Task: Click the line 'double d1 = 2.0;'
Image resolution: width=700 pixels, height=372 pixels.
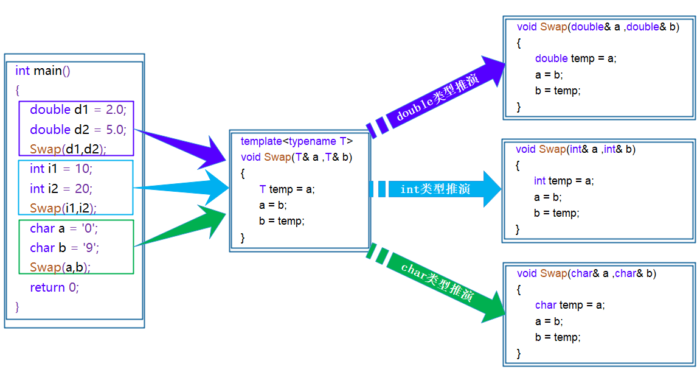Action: pyautogui.click(x=78, y=110)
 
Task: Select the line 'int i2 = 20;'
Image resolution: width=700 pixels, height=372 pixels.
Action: pyautogui.click(x=61, y=189)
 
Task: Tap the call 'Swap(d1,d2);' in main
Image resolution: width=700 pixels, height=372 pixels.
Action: pyautogui.click(x=68, y=149)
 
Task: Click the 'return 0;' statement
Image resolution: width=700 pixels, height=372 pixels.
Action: pyautogui.click(x=55, y=287)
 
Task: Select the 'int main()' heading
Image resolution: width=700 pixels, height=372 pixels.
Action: pyautogui.click(x=43, y=71)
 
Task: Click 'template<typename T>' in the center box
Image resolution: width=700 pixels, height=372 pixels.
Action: pyautogui.click(x=296, y=141)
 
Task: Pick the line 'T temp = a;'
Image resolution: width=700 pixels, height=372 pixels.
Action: pyautogui.click(x=287, y=189)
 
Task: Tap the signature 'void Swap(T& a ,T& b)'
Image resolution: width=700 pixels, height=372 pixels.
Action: pyautogui.click(x=297, y=157)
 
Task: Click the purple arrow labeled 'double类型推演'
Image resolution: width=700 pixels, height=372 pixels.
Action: pyautogui.click(x=438, y=97)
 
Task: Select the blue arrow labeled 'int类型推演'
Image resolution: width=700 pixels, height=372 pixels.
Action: pyautogui.click(x=435, y=189)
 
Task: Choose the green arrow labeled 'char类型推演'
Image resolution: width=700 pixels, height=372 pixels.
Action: pyautogui.click(x=438, y=282)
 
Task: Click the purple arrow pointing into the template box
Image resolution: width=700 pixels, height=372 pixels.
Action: pyautogui.click(x=182, y=146)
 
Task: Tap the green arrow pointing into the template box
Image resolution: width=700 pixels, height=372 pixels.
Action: pyautogui.click(x=182, y=228)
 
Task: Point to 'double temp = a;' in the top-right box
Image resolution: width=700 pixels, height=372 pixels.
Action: pyautogui.click(x=575, y=58)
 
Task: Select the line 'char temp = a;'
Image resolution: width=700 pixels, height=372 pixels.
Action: pyautogui.click(x=570, y=305)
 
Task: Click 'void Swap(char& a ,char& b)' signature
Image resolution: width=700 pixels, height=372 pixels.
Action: pyautogui.click(x=586, y=273)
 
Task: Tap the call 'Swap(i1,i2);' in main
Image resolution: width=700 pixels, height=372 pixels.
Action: pyautogui.click(x=63, y=208)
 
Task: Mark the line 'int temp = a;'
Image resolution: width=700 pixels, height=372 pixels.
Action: pyautogui.click(x=563, y=181)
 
